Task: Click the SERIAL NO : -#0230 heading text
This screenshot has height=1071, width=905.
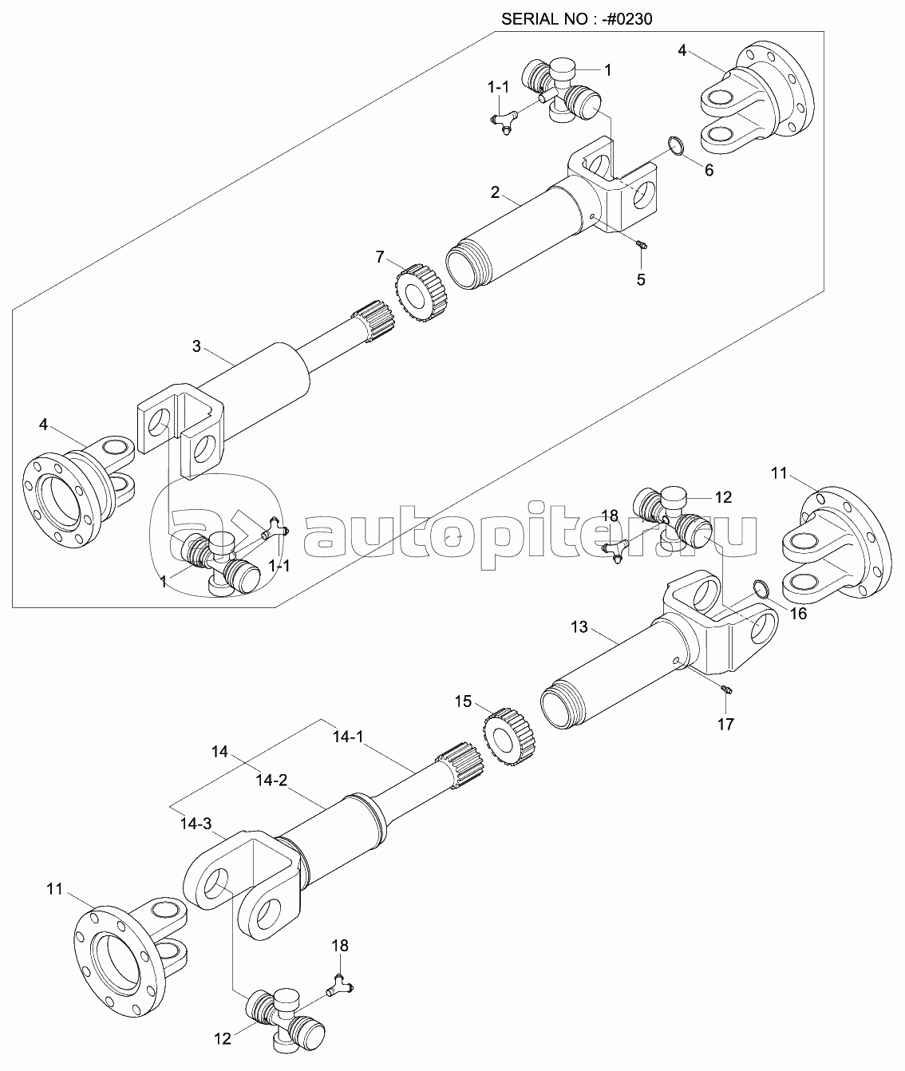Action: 577,19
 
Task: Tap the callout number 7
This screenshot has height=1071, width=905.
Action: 380,256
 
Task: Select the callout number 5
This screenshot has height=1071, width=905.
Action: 641,279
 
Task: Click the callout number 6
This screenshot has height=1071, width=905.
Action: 709,170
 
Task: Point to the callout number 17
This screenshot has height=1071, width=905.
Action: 726,725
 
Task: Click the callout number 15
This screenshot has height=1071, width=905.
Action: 463,701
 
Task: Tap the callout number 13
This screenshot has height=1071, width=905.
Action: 579,626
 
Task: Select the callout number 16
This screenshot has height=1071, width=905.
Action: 798,614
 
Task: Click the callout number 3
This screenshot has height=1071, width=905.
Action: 196,346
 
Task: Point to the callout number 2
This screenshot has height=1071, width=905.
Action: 495,192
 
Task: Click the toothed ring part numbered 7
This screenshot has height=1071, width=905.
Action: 421,293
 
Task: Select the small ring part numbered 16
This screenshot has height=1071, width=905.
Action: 761,589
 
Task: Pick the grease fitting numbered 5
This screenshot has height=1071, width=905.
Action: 641,245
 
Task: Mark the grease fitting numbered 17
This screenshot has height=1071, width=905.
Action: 726,690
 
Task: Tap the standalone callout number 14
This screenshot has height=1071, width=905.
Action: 219,752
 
